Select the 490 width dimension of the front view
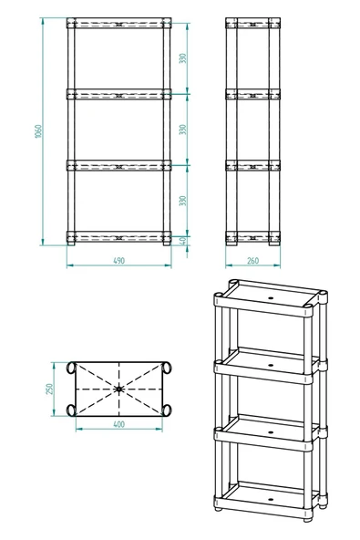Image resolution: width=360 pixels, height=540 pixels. (118, 261)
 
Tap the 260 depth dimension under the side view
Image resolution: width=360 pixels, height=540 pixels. (252, 261)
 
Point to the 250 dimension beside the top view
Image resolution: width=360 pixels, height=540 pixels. (52, 389)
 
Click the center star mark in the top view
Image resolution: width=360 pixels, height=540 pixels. (119, 389)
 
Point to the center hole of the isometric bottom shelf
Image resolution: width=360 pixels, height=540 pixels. (271, 501)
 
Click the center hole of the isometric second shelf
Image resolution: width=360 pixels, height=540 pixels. (271, 362)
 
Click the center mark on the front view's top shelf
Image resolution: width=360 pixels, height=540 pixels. (118, 23)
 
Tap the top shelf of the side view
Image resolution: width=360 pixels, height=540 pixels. (252, 23)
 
